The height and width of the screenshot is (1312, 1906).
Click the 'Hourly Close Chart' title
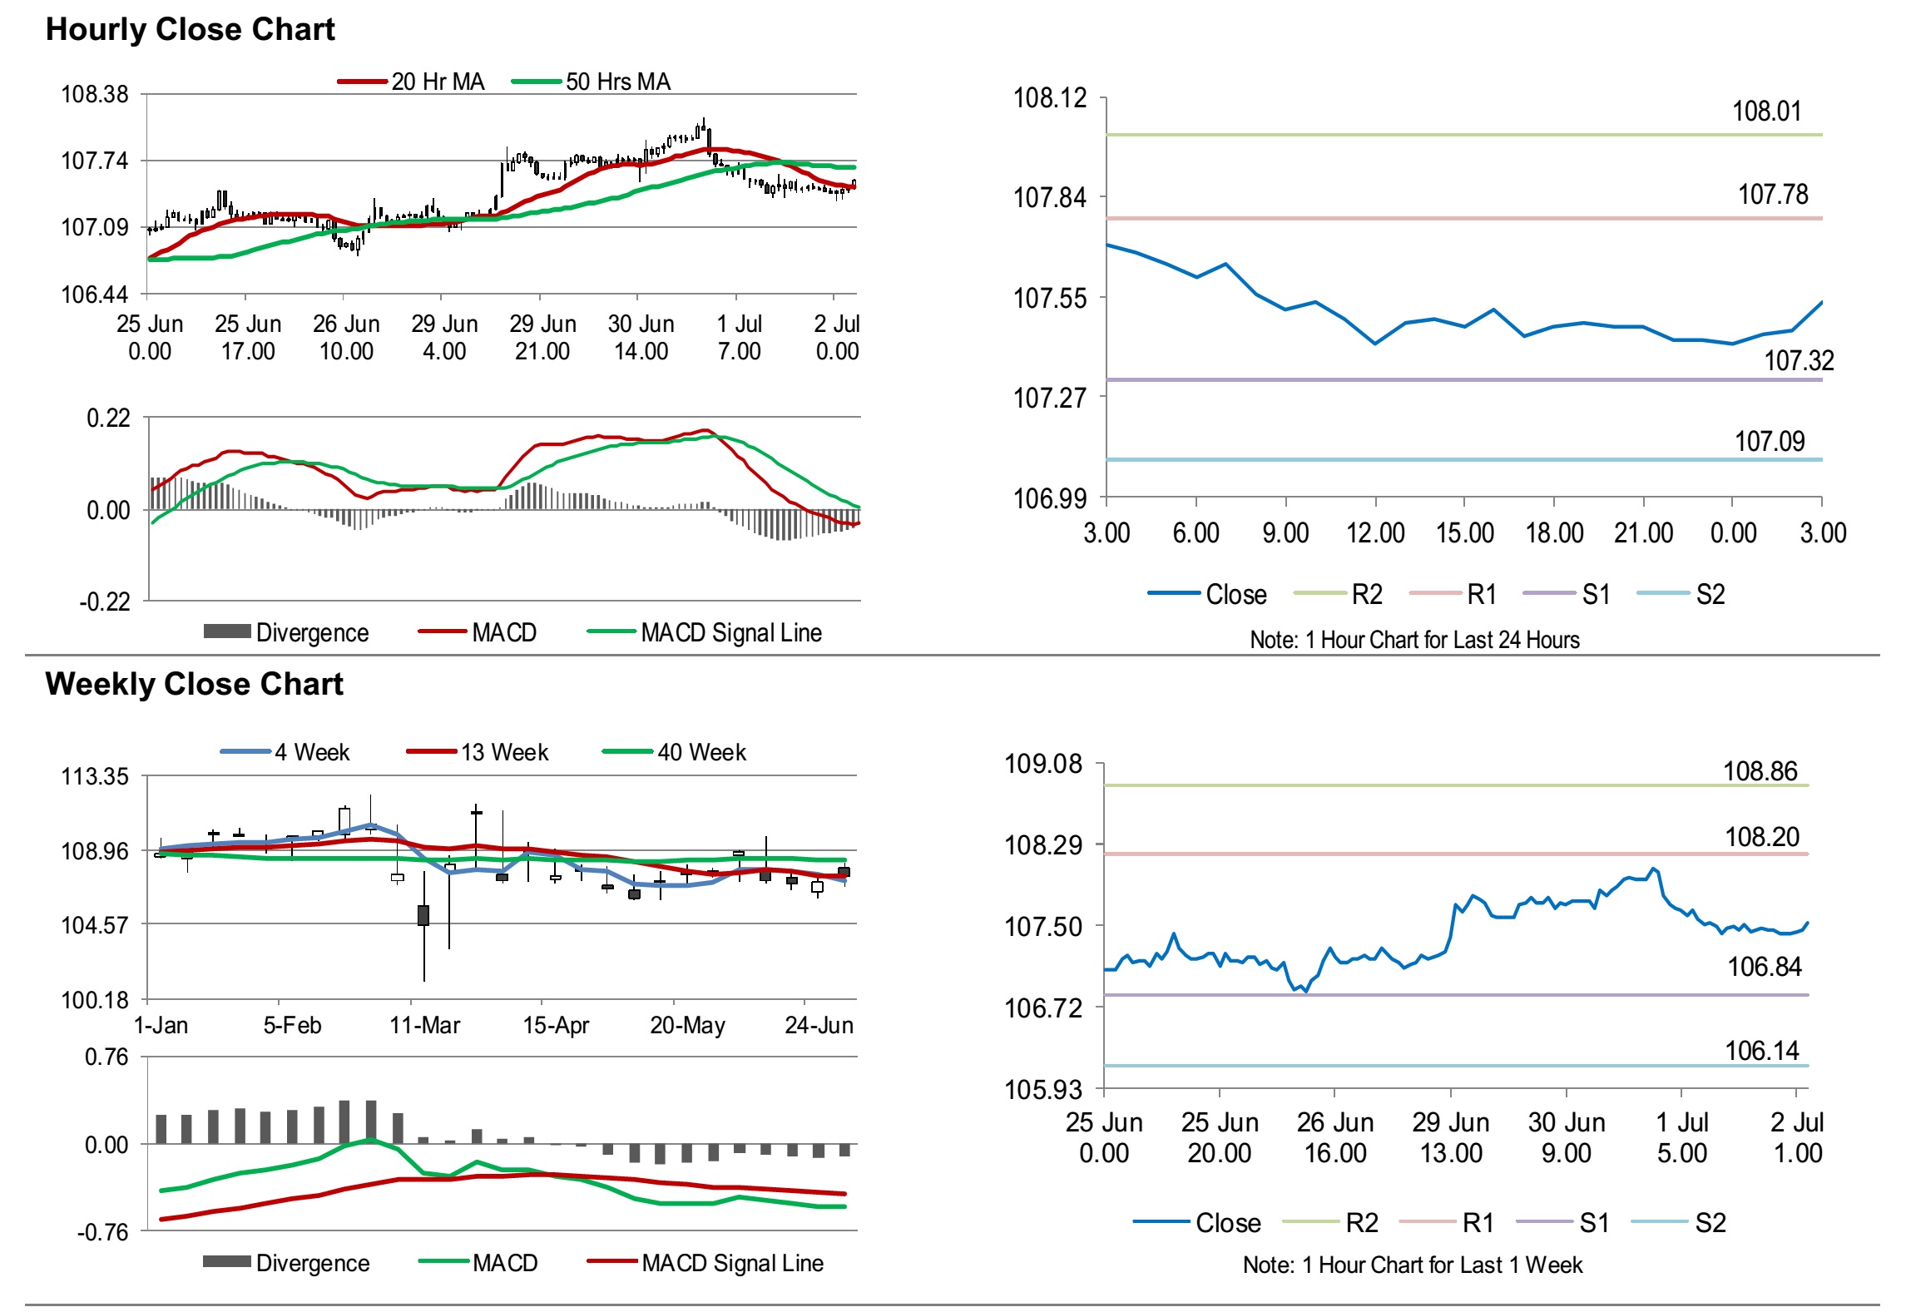[x=190, y=30]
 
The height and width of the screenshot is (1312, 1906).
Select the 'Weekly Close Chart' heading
[x=194, y=684]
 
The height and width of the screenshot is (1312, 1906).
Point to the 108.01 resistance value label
[x=1765, y=111]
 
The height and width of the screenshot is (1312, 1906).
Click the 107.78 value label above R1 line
[x=1772, y=195]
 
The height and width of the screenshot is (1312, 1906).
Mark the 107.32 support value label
[x=1798, y=361]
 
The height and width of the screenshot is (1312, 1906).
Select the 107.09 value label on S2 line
[x=1769, y=442]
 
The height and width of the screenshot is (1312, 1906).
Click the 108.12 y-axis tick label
[x=1049, y=98]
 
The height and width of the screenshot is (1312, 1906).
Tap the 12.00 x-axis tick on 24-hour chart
[x=1375, y=533]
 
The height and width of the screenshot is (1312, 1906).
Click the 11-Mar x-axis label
[x=424, y=1026]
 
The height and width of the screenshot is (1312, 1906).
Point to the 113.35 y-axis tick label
[x=95, y=777]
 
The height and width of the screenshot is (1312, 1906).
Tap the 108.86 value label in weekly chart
[x=1760, y=772]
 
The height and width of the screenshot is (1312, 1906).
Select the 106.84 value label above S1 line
[x=1764, y=967]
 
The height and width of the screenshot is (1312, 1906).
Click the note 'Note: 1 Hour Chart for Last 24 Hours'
[x=1414, y=640]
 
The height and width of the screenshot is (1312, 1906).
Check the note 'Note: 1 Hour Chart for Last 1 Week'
[x=1412, y=1265]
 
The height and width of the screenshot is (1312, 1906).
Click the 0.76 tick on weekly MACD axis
[x=106, y=1057]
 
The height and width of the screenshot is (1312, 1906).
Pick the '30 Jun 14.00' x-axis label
[x=641, y=337]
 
